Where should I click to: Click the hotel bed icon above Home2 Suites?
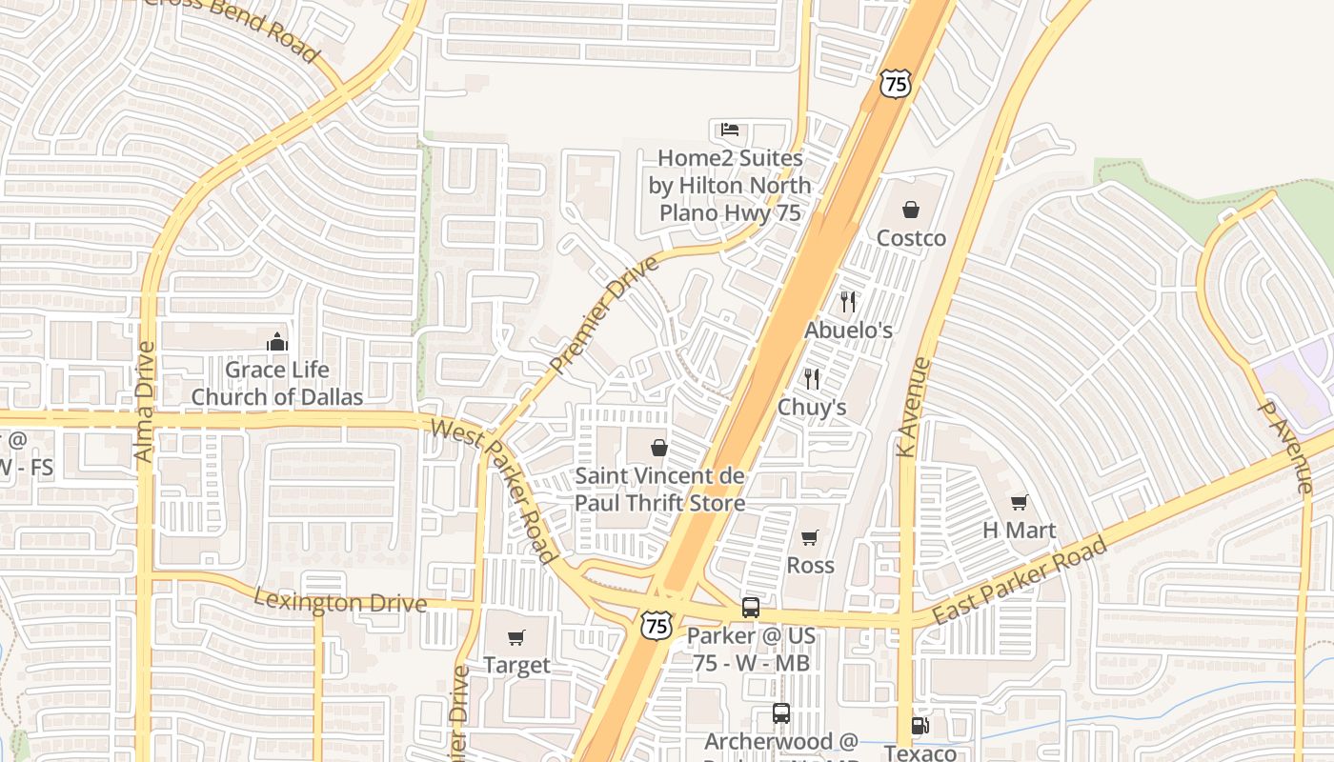click(730, 130)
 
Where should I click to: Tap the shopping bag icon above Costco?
click(911, 210)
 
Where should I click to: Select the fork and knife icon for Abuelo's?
click(848, 302)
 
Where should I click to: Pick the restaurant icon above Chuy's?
click(812, 378)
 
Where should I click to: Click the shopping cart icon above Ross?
click(810, 538)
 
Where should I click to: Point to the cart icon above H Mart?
click(1020, 502)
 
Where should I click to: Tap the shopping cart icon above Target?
click(516, 637)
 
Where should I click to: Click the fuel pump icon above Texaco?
click(920, 726)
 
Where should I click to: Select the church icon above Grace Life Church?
click(277, 341)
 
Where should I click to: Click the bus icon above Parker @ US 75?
click(751, 607)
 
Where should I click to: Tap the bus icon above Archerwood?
click(781, 712)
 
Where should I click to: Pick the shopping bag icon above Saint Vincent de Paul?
click(658, 447)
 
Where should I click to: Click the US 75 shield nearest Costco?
click(896, 84)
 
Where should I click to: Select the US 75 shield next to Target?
click(656, 624)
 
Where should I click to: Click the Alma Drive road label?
click(145, 402)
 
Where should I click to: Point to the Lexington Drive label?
click(340, 601)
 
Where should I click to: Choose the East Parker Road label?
click(1019, 581)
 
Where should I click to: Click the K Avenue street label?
click(913, 407)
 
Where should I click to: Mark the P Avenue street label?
click(1284, 446)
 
